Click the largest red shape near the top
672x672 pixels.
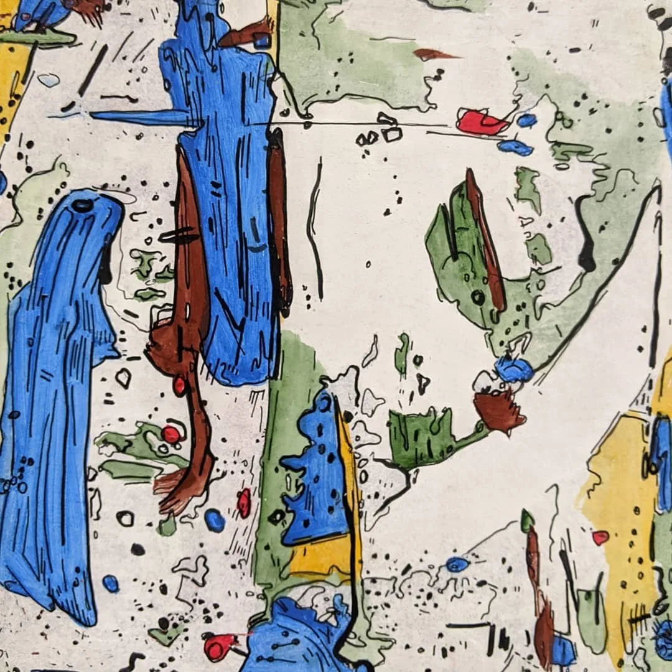[481, 121]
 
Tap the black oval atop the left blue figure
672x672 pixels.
[82, 204]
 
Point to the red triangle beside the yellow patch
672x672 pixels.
[600, 537]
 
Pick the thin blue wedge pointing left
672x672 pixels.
[140, 117]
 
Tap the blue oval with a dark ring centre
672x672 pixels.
[457, 564]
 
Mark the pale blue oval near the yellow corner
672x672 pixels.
[48, 80]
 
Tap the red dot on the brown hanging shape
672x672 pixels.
[179, 386]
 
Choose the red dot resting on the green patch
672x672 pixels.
[170, 434]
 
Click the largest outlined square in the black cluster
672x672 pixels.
[391, 134]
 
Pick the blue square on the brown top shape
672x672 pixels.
[262, 41]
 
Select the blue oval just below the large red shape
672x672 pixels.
[515, 147]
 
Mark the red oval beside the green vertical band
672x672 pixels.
[243, 503]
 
